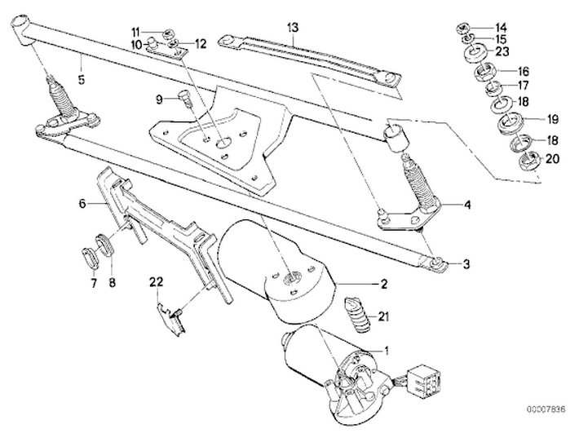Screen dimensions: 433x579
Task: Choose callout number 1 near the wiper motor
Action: coord(387,351)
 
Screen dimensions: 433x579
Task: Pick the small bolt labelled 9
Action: coord(183,101)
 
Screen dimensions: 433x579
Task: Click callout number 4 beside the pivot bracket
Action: coord(467,205)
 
